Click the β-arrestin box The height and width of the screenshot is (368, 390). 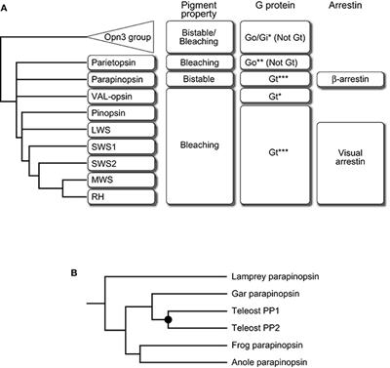pyautogui.click(x=349, y=78)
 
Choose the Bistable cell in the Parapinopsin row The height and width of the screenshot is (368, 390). pyautogui.click(x=200, y=78)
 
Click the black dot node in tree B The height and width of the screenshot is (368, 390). pyautogui.click(x=169, y=319)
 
